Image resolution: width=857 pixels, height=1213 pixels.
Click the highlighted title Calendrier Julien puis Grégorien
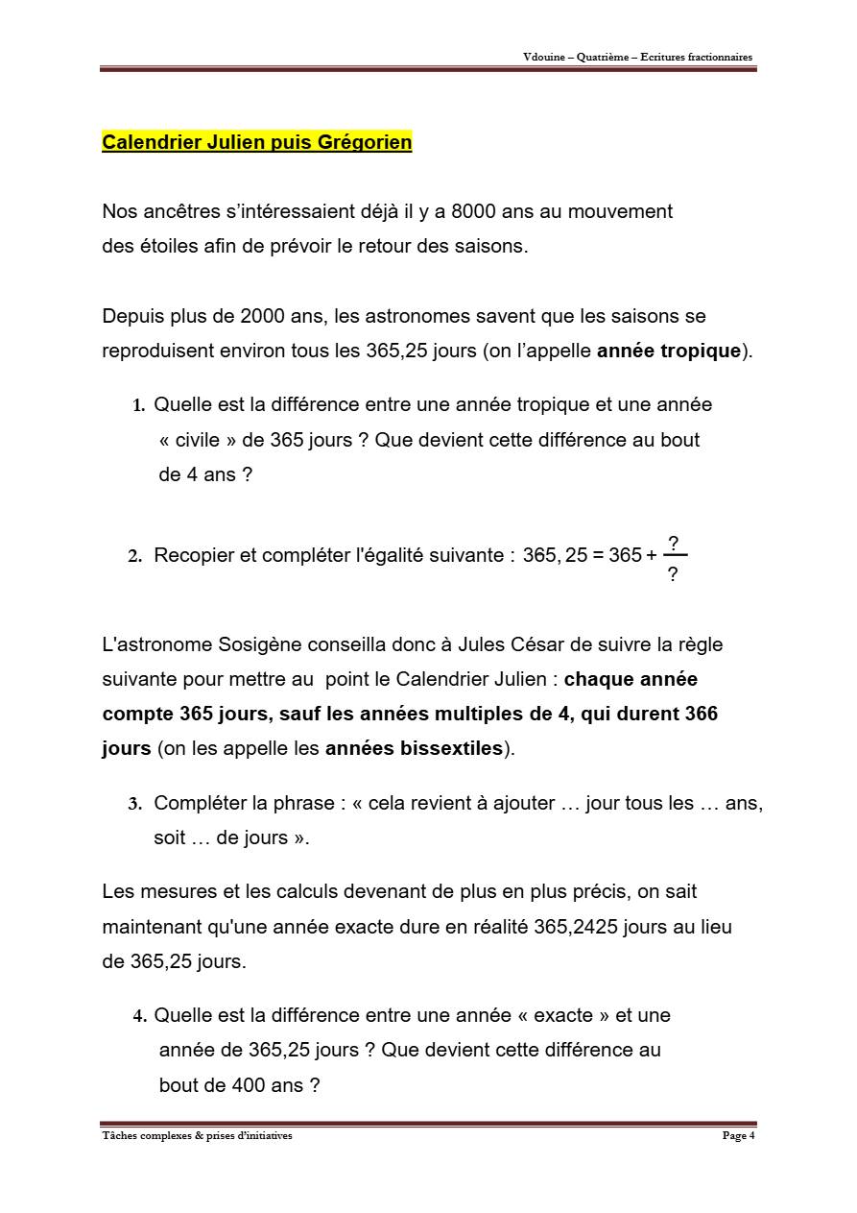pos(256,142)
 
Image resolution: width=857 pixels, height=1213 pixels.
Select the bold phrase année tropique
pos(669,351)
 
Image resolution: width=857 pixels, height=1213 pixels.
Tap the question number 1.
pos(138,405)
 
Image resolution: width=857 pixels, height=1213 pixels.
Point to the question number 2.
pos(134,556)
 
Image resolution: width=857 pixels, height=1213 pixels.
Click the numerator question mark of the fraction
pos(673,544)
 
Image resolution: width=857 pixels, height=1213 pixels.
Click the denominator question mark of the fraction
pos(673,574)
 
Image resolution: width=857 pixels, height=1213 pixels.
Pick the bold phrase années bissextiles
pos(414,748)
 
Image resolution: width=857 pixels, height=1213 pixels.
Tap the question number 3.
pos(134,804)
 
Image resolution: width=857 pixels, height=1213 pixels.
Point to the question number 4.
pos(139,1016)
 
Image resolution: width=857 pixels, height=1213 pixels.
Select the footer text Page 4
pos(738,1136)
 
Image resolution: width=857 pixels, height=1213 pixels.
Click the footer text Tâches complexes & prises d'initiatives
pos(197,1136)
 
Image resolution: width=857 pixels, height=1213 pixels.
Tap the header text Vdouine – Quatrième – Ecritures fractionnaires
pos(637,57)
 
